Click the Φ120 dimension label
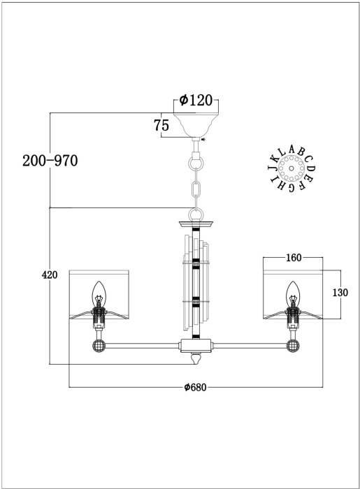point(196,100)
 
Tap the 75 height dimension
point(161,125)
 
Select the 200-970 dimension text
point(50,161)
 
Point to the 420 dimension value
point(50,275)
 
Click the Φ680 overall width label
point(195,387)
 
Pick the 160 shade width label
point(294,258)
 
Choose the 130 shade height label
point(340,293)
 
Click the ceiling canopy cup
point(196,125)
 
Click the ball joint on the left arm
point(99,346)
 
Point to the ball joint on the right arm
point(293,346)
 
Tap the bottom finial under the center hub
point(196,358)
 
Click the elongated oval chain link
point(196,189)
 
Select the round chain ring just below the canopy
point(196,163)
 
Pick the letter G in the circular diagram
point(291,187)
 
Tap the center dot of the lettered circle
point(291,168)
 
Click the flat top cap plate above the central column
point(196,224)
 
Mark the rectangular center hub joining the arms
point(196,346)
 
